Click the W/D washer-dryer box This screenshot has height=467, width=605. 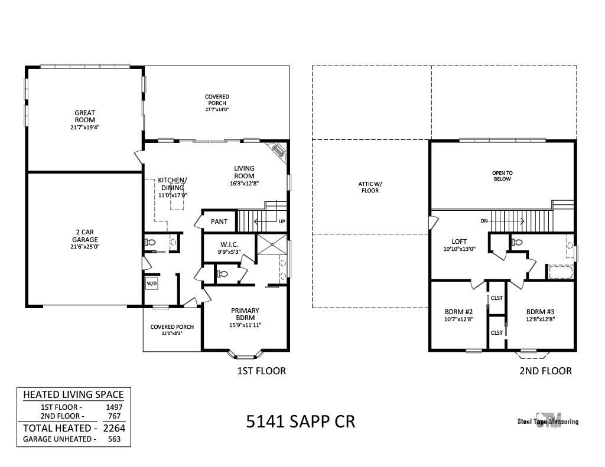click(x=152, y=284)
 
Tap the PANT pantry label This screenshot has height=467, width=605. click(x=219, y=221)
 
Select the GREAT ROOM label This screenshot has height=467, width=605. click(x=85, y=116)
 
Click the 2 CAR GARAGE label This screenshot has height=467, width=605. click(x=85, y=236)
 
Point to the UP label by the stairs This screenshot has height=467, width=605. click(x=282, y=221)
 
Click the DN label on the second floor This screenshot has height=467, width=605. click(x=484, y=221)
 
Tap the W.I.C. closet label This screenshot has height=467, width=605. click(x=229, y=244)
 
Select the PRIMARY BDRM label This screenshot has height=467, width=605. click(x=245, y=314)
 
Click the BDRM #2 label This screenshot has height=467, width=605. click(x=458, y=312)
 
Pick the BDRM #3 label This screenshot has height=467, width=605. click(x=540, y=312)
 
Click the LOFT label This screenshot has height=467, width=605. click(x=459, y=242)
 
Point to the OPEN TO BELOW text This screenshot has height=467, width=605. click(x=502, y=176)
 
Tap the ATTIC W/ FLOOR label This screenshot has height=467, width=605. click(x=370, y=187)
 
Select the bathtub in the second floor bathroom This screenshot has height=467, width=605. click(x=560, y=272)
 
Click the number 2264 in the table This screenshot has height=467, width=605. click(x=114, y=428)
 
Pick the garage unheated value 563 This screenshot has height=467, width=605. click(x=114, y=439)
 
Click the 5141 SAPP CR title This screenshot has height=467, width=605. click(x=301, y=421)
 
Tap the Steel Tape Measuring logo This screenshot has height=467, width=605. click(x=548, y=421)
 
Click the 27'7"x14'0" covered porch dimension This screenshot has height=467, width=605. click(x=217, y=110)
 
